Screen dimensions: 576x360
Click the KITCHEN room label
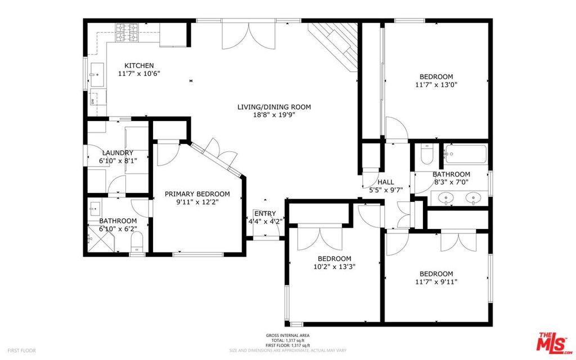pyautogui.click(x=139, y=66)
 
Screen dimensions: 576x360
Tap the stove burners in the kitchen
pyautogui.click(x=127, y=33)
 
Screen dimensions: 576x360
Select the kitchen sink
pyautogui.click(x=97, y=75)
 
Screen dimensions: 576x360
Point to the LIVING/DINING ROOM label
pyautogui.click(x=274, y=107)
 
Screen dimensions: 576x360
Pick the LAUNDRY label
pyautogui.click(x=118, y=153)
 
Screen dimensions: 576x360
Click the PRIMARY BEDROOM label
pyautogui.click(x=197, y=194)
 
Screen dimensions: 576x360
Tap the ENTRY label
pyautogui.click(x=265, y=213)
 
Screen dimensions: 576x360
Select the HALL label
pyautogui.click(x=386, y=182)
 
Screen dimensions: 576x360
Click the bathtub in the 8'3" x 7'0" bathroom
pyautogui.click(x=465, y=154)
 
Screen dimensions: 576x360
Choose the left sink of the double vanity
pyautogui.click(x=446, y=197)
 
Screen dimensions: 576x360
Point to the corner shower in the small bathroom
pyautogui.click(x=101, y=238)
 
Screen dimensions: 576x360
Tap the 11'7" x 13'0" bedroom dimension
pyautogui.click(x=436, y=85)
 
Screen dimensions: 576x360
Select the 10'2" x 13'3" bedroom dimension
pyautogui.click(x=334, y=267)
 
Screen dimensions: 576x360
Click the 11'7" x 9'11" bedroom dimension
pyautogui.click(x=436, y=282)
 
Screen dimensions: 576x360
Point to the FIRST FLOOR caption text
pyautogui.click(x=22, y=350)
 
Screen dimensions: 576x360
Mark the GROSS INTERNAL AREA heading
pyautogui.click(x=287, y=335)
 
